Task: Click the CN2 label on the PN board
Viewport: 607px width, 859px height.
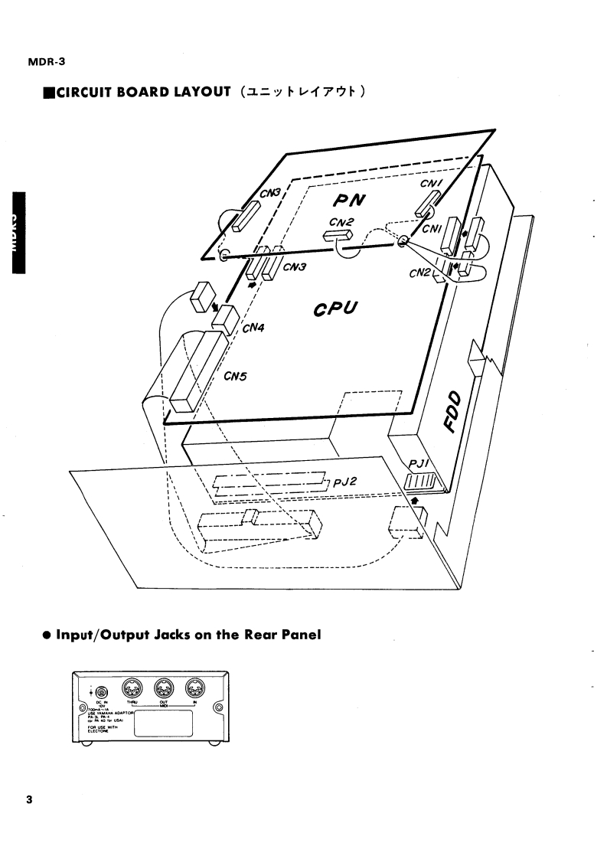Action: [x=342, y=222]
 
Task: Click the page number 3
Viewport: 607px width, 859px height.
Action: [x=28, y=801]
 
